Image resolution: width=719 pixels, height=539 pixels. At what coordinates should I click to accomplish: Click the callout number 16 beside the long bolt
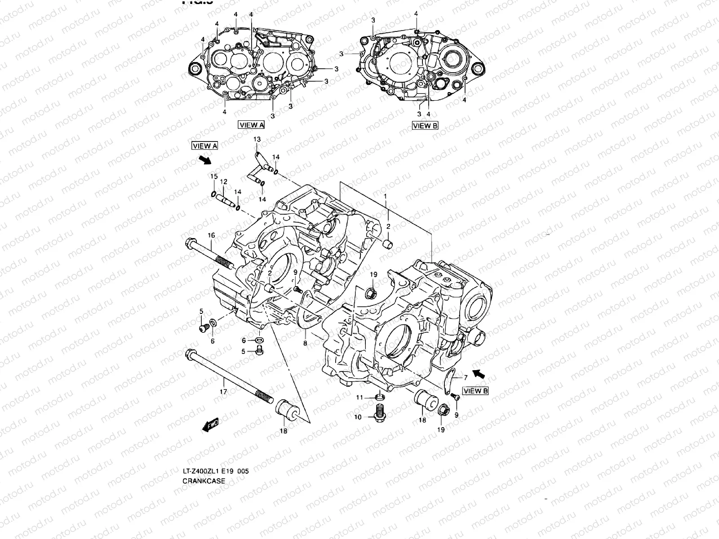point(211,235)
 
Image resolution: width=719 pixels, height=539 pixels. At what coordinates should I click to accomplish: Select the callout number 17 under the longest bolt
point(223,392)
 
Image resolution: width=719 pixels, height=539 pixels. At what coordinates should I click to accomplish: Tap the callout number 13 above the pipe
point(257,140)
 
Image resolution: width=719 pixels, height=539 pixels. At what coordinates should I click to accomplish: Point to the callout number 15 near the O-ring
point(214,176)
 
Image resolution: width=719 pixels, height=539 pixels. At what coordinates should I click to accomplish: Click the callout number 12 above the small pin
point(223,181)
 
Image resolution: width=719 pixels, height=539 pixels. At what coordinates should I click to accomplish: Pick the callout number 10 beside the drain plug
point(358,417)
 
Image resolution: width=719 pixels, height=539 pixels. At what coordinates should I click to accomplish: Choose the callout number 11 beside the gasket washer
point(359,398)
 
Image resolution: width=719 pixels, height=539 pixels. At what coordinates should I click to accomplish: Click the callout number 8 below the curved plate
point(305,343)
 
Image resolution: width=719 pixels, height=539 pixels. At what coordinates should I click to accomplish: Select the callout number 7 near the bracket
point(466,377)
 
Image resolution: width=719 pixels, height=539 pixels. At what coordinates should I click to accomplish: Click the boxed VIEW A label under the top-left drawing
point(252,125)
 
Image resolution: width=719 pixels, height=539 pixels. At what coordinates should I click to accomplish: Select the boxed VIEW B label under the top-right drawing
point(425,126)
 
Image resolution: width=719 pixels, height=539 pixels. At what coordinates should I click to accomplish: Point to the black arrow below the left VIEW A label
point(205,159)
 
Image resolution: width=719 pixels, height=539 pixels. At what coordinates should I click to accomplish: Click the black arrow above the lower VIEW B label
point(480,372)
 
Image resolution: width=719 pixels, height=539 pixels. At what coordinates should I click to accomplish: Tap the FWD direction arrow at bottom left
point(210,425)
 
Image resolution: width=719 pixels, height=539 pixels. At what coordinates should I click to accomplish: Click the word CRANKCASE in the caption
point(204,481)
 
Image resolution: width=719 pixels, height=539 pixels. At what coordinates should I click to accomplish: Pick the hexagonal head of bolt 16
point(189,243)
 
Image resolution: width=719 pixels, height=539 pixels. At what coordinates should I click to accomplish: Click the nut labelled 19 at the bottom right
point(442,410)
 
